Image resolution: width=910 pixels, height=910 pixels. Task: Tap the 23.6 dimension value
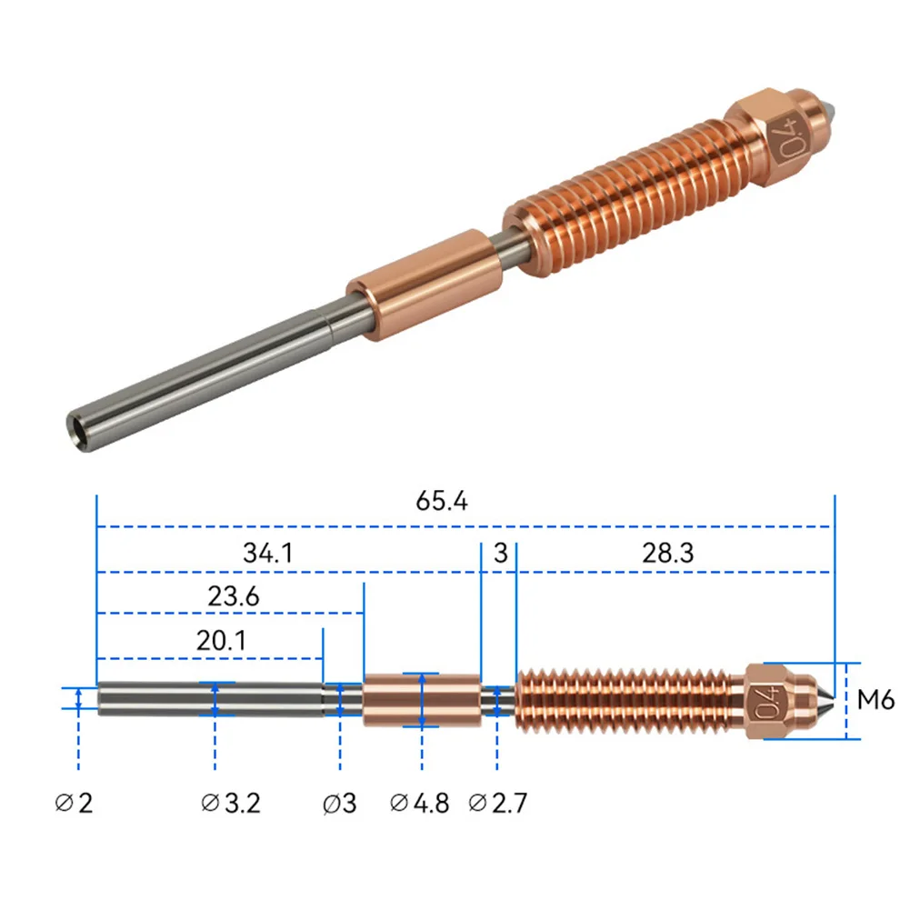[x=234, y=596]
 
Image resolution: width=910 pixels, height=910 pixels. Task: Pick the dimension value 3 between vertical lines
[x=499, y=552]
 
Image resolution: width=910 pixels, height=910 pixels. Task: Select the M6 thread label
[x=876, y=700]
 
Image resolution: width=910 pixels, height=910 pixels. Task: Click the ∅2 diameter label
[x=75, y=803]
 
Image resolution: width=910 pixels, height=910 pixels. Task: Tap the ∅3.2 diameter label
[x=233, y=803]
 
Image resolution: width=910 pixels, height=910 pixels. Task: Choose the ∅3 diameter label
[x=340, y=803]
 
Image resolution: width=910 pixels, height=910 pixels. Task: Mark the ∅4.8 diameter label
[x=419, y=803]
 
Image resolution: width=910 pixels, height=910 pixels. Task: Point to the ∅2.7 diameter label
[x=497, y=803]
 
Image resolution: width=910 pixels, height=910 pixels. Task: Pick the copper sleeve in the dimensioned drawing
[x=421, y=700]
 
